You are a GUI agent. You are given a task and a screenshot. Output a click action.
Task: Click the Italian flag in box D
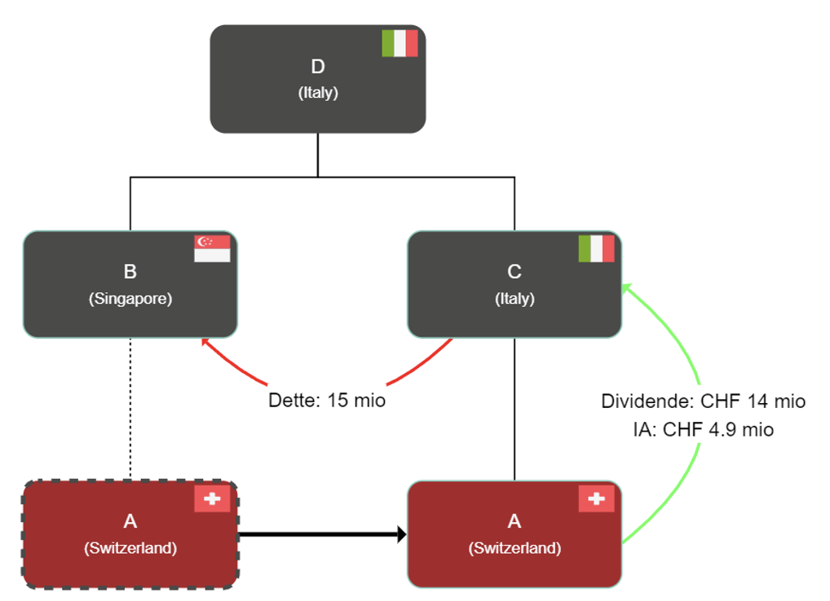coord(400,43)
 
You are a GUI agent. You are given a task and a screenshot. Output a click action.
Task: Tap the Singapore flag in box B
coord(212,248)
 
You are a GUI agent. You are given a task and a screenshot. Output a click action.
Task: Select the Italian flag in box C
coord(596,248)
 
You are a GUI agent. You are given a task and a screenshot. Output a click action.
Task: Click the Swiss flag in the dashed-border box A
coord(212,498)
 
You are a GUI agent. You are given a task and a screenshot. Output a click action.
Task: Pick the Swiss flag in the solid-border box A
coord(596,498)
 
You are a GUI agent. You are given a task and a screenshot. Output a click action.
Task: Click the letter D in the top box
coord(318,67)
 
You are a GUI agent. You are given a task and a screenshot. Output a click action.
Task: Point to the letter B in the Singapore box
coord(130,272)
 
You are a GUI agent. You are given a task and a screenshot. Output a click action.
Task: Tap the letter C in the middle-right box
coord(514,272)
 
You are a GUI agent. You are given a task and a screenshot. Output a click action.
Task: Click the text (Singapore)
coord(130,298)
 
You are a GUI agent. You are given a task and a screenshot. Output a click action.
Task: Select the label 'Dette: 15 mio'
coord(327,401)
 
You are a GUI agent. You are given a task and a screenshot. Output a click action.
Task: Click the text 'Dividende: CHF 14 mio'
coord(703,401)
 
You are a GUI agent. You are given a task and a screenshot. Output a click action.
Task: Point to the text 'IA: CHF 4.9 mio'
coord(703,429)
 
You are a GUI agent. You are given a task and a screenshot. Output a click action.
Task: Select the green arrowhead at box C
coord(626,287)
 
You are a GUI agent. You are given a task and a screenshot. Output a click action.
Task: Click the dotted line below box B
coord(130,407)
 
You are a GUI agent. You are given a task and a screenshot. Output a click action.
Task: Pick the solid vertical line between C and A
coord(514,407)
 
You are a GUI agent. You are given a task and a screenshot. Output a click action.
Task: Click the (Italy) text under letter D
coord(318,93)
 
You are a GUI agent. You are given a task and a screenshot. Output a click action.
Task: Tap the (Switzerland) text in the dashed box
coord(130,547)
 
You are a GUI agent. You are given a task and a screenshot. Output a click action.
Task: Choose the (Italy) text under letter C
coord(514,298)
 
